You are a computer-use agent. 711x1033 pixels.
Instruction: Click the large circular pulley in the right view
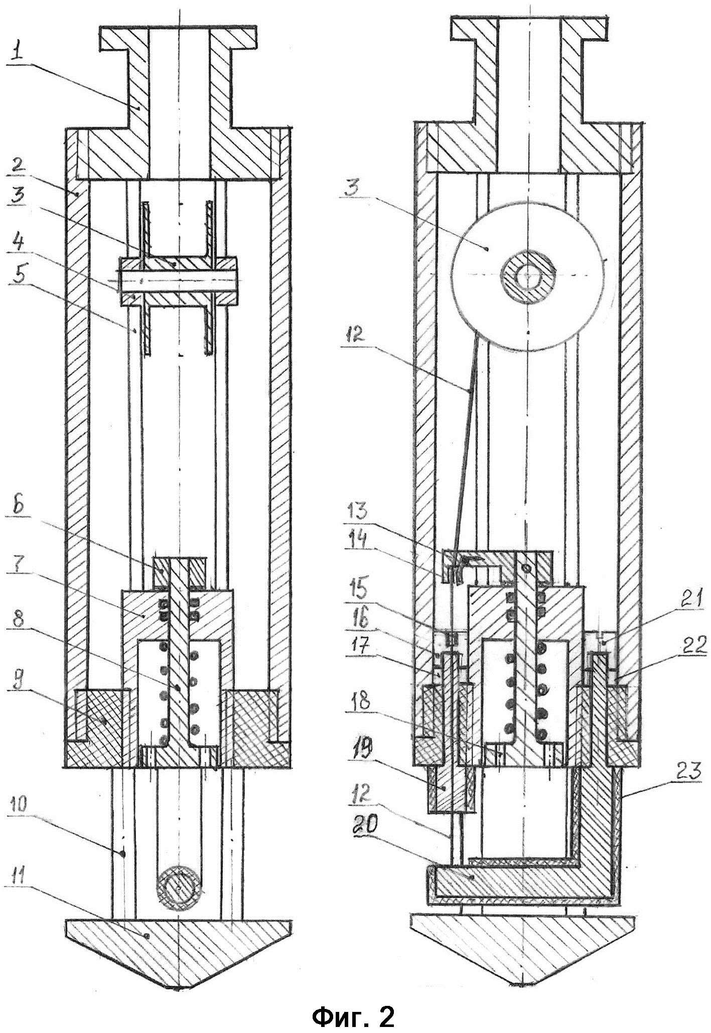(x=527, y=273)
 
